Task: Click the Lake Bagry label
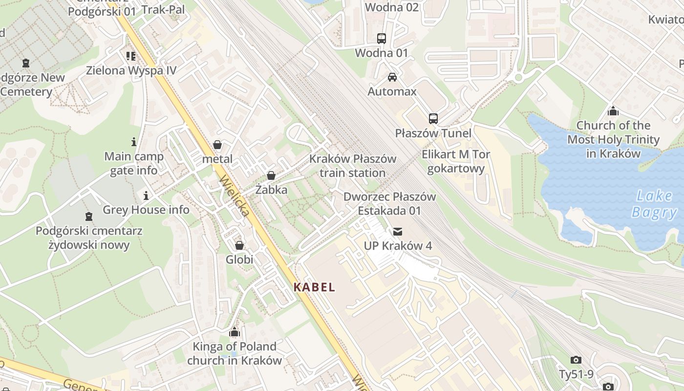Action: click(x=654, y=204)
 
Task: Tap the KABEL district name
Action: click(x=315, y=287)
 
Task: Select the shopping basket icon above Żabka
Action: click(x=271, y=175)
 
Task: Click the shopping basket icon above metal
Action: click(x=217, y=145)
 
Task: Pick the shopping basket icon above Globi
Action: click(x=239, y=245)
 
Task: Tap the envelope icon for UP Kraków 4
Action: click(x=398, y=231)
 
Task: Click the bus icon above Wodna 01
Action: click(x=381, y=39)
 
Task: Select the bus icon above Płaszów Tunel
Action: click(x=433, y=119)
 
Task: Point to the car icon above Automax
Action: click(x=392, y=77)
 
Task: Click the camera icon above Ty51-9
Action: click(x=576, y=360)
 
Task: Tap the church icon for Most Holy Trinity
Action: click(x=613, y=111)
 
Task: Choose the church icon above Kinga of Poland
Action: click(x=235, y=332)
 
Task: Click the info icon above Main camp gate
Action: click(x=134, y=142)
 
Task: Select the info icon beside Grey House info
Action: click(x=146, y=196)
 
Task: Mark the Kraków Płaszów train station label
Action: click(x=353, y=166)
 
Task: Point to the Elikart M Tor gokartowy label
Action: click(x=456, y=162)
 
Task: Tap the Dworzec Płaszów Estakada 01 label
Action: click(x=389, y=204)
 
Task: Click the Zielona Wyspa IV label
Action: click(x=131, y=70)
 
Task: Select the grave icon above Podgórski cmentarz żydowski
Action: click(x=89, y=216)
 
